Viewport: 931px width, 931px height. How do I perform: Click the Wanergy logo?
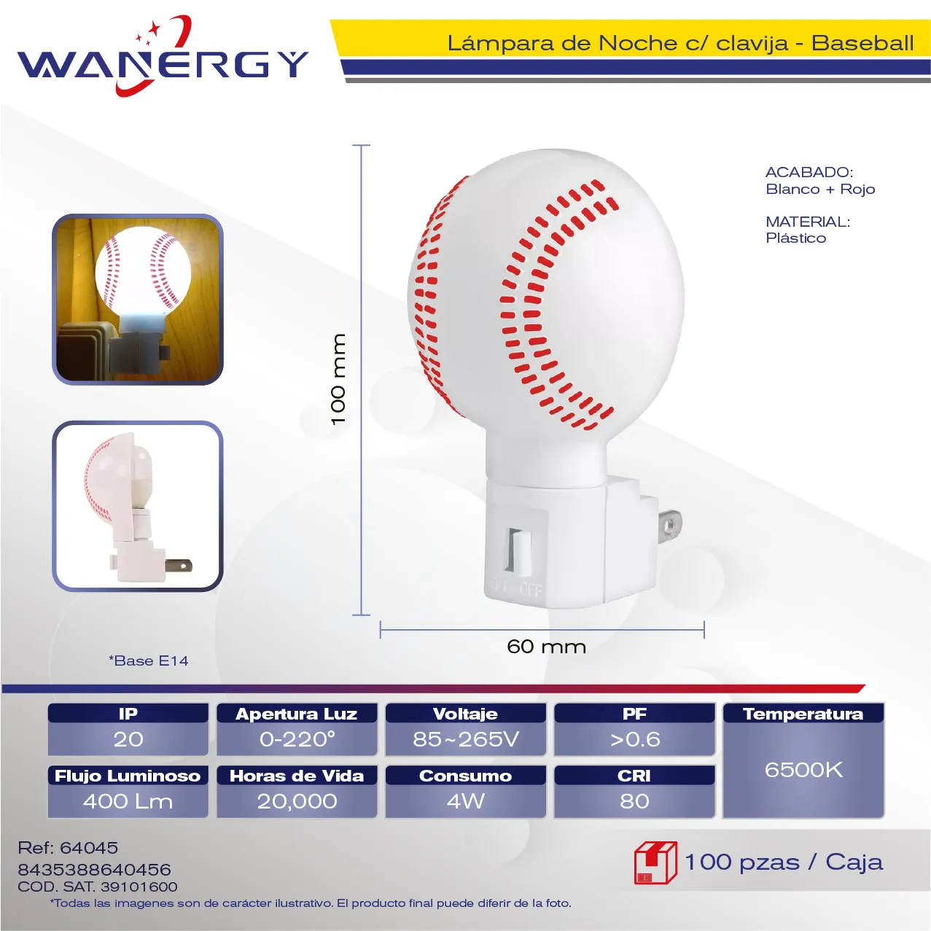click(163, 57)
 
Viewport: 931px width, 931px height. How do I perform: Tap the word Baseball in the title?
click(862, 44)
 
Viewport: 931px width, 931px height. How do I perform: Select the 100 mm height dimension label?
click(339, 379)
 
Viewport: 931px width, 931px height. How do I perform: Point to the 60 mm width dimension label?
click(547, 647)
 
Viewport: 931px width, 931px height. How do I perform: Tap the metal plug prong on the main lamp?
click(669, 525)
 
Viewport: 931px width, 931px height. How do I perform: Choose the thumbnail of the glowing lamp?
click(138, 300)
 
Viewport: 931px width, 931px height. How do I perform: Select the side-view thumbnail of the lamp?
click(138, 506)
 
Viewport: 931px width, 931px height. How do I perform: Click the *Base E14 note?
click(148, 661)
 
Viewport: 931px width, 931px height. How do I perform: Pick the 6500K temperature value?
click(803, 770)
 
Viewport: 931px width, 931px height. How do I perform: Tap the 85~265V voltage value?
click(466, 739)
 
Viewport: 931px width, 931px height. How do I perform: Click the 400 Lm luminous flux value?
click(128, 801)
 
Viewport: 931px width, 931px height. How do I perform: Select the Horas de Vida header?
click(297, 776)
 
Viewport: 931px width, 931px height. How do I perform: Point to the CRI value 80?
click(634, 801)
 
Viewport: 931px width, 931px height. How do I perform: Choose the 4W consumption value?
click(465, 801)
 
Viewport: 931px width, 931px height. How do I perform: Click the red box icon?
click(655, 862)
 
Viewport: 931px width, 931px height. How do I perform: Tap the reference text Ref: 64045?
click(68, 847)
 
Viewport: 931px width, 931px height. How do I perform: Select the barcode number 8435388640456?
click(94, 870)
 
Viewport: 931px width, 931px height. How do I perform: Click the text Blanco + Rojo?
click(820, 189)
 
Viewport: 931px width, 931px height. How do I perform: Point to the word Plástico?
click(795, 238)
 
